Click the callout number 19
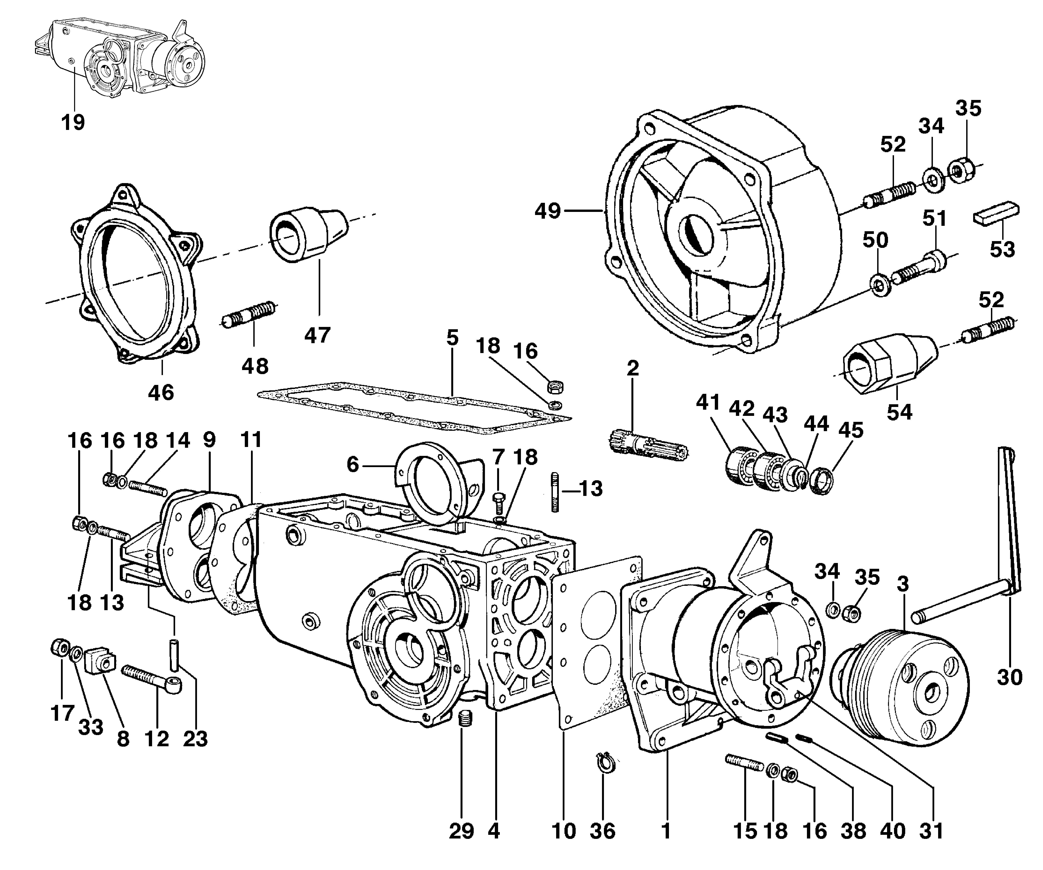73,122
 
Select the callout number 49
548,211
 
